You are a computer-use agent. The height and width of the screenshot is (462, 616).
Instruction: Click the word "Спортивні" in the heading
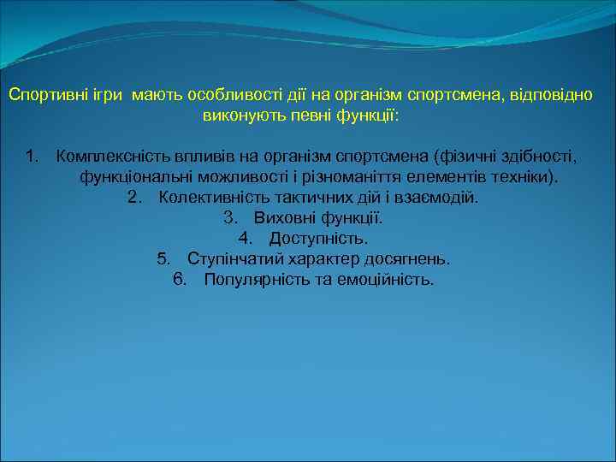click(x=45, y=93)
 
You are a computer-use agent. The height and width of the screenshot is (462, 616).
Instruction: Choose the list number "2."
click(x=134, y=198)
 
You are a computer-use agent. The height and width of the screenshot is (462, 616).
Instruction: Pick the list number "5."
click(x=165, y=259)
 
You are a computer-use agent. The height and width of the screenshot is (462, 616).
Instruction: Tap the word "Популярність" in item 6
click(x=250, y=280)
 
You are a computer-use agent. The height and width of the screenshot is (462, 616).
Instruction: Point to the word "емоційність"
click(x=388, y=280)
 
